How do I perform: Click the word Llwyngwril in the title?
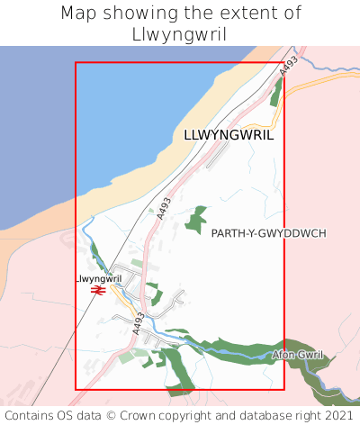point(179,34)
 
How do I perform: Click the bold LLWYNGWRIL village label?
point(229,135)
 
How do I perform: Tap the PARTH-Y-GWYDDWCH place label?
point(268,233)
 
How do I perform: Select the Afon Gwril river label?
point(297,356)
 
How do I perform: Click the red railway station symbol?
point(99,290)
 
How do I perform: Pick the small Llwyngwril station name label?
point(99,279)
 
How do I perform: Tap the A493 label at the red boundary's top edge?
point(287,65)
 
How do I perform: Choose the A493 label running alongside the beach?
point(163,208)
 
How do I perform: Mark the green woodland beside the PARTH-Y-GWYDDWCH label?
point(195,220)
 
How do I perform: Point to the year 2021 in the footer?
point(339,416)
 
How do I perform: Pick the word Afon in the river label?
point(283,356)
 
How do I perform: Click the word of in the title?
point(291,14)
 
